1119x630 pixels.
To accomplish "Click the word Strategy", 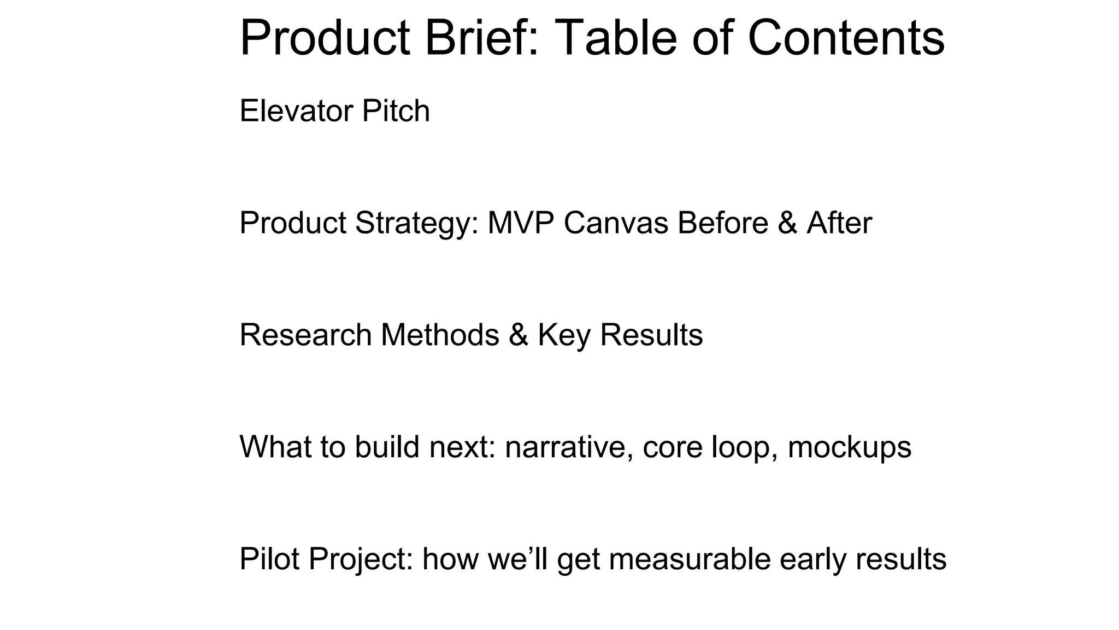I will [417, 223].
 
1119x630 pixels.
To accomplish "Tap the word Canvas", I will [616, 223].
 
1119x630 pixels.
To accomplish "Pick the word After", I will [839, 223].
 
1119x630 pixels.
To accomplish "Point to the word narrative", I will [569, 447].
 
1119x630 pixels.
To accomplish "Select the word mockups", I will [849, 447].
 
